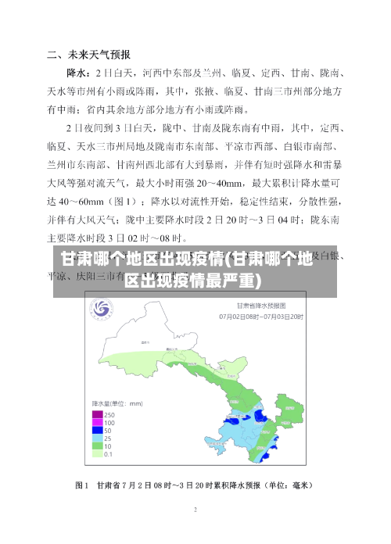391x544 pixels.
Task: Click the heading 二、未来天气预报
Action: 88,55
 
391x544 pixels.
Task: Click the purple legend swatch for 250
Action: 97,413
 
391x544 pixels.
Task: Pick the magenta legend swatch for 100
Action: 97,422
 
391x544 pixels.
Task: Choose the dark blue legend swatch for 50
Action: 97,430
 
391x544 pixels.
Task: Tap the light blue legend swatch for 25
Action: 97,438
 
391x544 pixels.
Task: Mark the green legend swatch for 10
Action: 97,446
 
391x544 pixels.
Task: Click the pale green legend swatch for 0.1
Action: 97,453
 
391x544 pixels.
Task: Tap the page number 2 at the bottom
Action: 195,510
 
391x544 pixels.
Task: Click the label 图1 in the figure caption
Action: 83,485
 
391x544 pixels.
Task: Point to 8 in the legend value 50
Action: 110,430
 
